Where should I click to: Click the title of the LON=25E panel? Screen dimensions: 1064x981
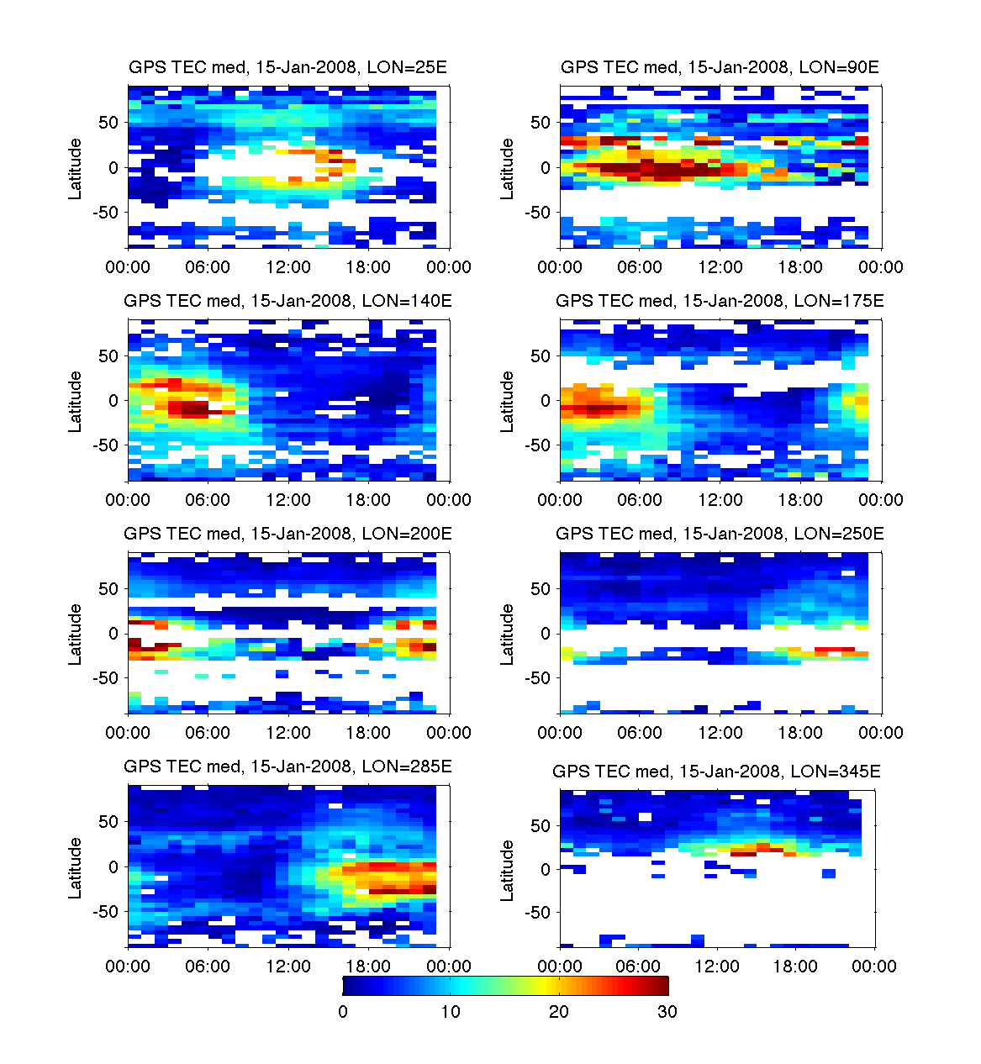coord(287,68)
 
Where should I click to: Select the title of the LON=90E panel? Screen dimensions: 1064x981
coord(720,68)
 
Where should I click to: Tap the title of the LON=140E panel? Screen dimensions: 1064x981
coord(287,301)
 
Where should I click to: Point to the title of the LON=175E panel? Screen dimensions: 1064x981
coord(720,301)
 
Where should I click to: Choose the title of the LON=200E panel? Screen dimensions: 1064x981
coord(287,534)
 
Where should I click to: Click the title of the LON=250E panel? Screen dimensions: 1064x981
coord(720,534)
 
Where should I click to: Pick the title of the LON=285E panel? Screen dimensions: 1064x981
coord(287,766)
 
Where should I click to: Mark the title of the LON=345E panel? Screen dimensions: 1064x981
coord(716,772)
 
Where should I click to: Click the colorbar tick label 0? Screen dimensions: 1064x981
coord(343,1012)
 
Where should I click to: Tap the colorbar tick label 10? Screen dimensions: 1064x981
coord(451,1012)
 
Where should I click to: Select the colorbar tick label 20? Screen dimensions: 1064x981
coord(559,1012)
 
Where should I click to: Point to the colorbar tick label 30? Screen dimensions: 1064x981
coord(667,1012)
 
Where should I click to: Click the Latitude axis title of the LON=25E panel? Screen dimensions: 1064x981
coord(76,169)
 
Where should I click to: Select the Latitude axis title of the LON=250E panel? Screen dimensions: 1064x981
coord(507,635)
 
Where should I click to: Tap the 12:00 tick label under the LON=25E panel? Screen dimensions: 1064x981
coord(288,267)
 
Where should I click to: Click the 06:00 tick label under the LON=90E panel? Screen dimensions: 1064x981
coord(640,267)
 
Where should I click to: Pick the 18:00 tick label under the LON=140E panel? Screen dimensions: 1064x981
coord(368,500)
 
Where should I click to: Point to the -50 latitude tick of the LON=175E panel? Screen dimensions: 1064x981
coord(538,445)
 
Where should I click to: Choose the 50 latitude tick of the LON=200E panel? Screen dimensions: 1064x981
coord(108,589)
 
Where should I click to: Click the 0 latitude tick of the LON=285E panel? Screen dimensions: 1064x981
coord(113,866)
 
